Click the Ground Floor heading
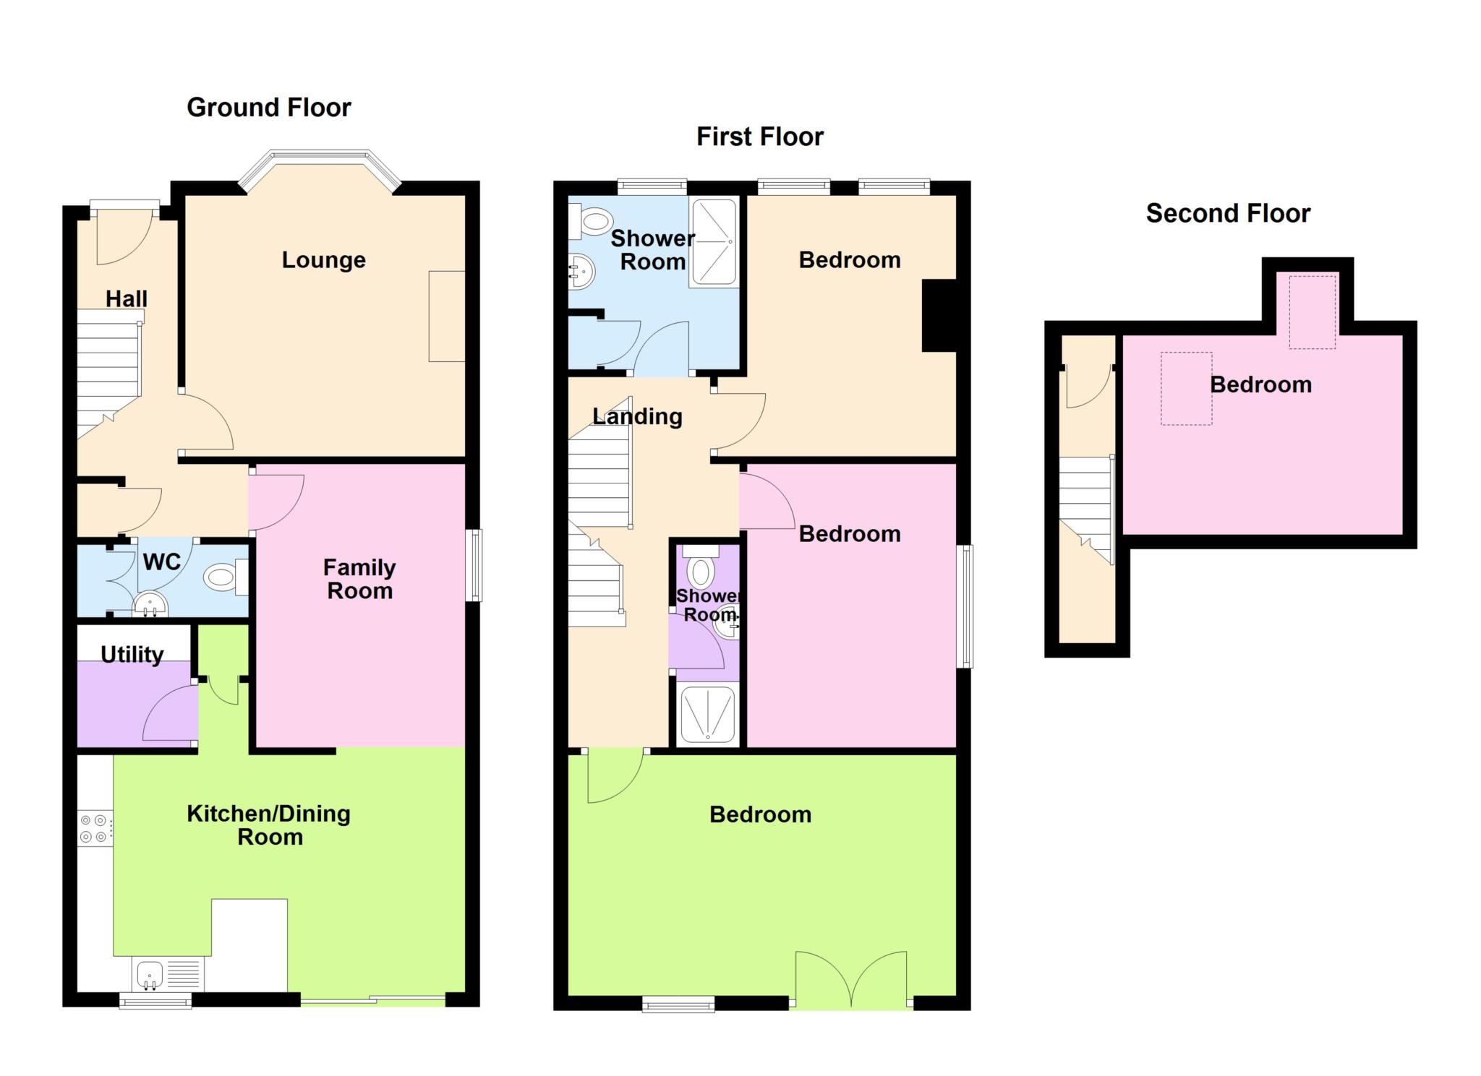[269, 108]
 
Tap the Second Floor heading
[1228, 213]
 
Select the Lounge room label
[323, 260]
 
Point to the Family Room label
[359, 579]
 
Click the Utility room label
[132, 655]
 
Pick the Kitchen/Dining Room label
[269, 825]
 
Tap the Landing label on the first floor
[637, 416]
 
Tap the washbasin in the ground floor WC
[150, 603]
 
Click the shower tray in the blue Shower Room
[714, 241]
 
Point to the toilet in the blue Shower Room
[591, 220]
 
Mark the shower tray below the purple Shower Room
[707, 714]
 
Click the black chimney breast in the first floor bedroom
[939, 316]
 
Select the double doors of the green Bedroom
[851, 979]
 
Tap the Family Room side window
[474, 565]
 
